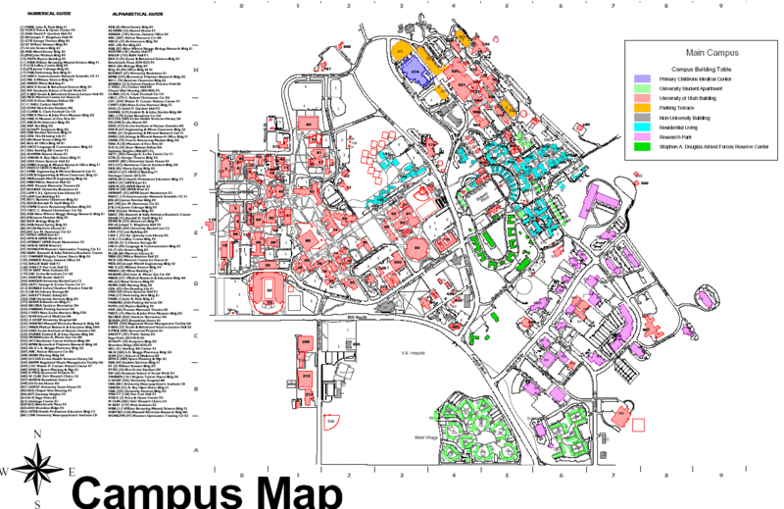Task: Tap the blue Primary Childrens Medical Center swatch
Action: pos(644,78)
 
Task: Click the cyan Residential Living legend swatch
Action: pos(644,127)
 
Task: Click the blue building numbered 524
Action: pos(416,72)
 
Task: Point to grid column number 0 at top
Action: pos(241,5)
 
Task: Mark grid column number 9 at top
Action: pos(720,5)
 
